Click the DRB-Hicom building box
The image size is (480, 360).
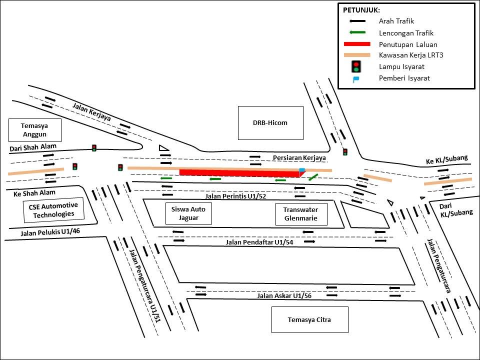[270, 123]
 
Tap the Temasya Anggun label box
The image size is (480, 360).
[35, 130]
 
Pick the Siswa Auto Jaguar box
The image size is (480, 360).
[188, 214]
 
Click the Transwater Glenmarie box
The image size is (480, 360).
[300, 214]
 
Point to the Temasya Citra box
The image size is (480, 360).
[309, 319]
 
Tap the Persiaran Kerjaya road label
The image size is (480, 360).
[299, 158]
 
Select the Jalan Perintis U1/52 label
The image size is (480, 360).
[235, 196]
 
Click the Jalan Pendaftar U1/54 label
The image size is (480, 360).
[259, 242]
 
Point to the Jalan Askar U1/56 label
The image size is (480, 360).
[284, 296]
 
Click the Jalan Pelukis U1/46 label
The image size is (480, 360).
[50, 232]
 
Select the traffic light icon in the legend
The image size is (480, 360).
[356, 66]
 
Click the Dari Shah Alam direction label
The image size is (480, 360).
[33, 147]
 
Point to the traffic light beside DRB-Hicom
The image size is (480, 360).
[345, 151]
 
